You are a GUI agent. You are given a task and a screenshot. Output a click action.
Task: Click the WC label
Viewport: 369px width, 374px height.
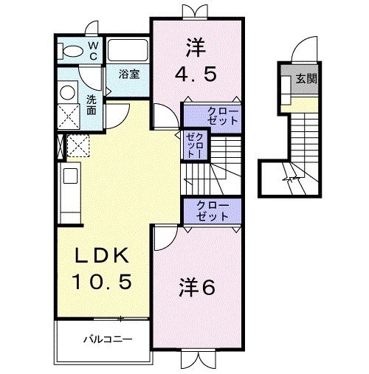click(94, 50)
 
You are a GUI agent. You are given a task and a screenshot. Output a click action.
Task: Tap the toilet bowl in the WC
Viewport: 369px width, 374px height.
click(72, 51)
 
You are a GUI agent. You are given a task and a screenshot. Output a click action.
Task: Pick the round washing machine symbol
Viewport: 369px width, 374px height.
click(68, 93)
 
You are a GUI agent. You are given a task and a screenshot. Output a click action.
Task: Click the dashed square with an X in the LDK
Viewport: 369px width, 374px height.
click(78, 145)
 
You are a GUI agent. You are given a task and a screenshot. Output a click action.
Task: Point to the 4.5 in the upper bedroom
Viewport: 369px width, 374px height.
click(197, 74)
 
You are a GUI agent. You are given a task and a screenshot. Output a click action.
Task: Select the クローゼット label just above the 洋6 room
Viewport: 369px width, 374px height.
click(213, 210)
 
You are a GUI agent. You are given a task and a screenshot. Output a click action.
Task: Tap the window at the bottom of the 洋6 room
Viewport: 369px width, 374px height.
click(197, 359)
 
